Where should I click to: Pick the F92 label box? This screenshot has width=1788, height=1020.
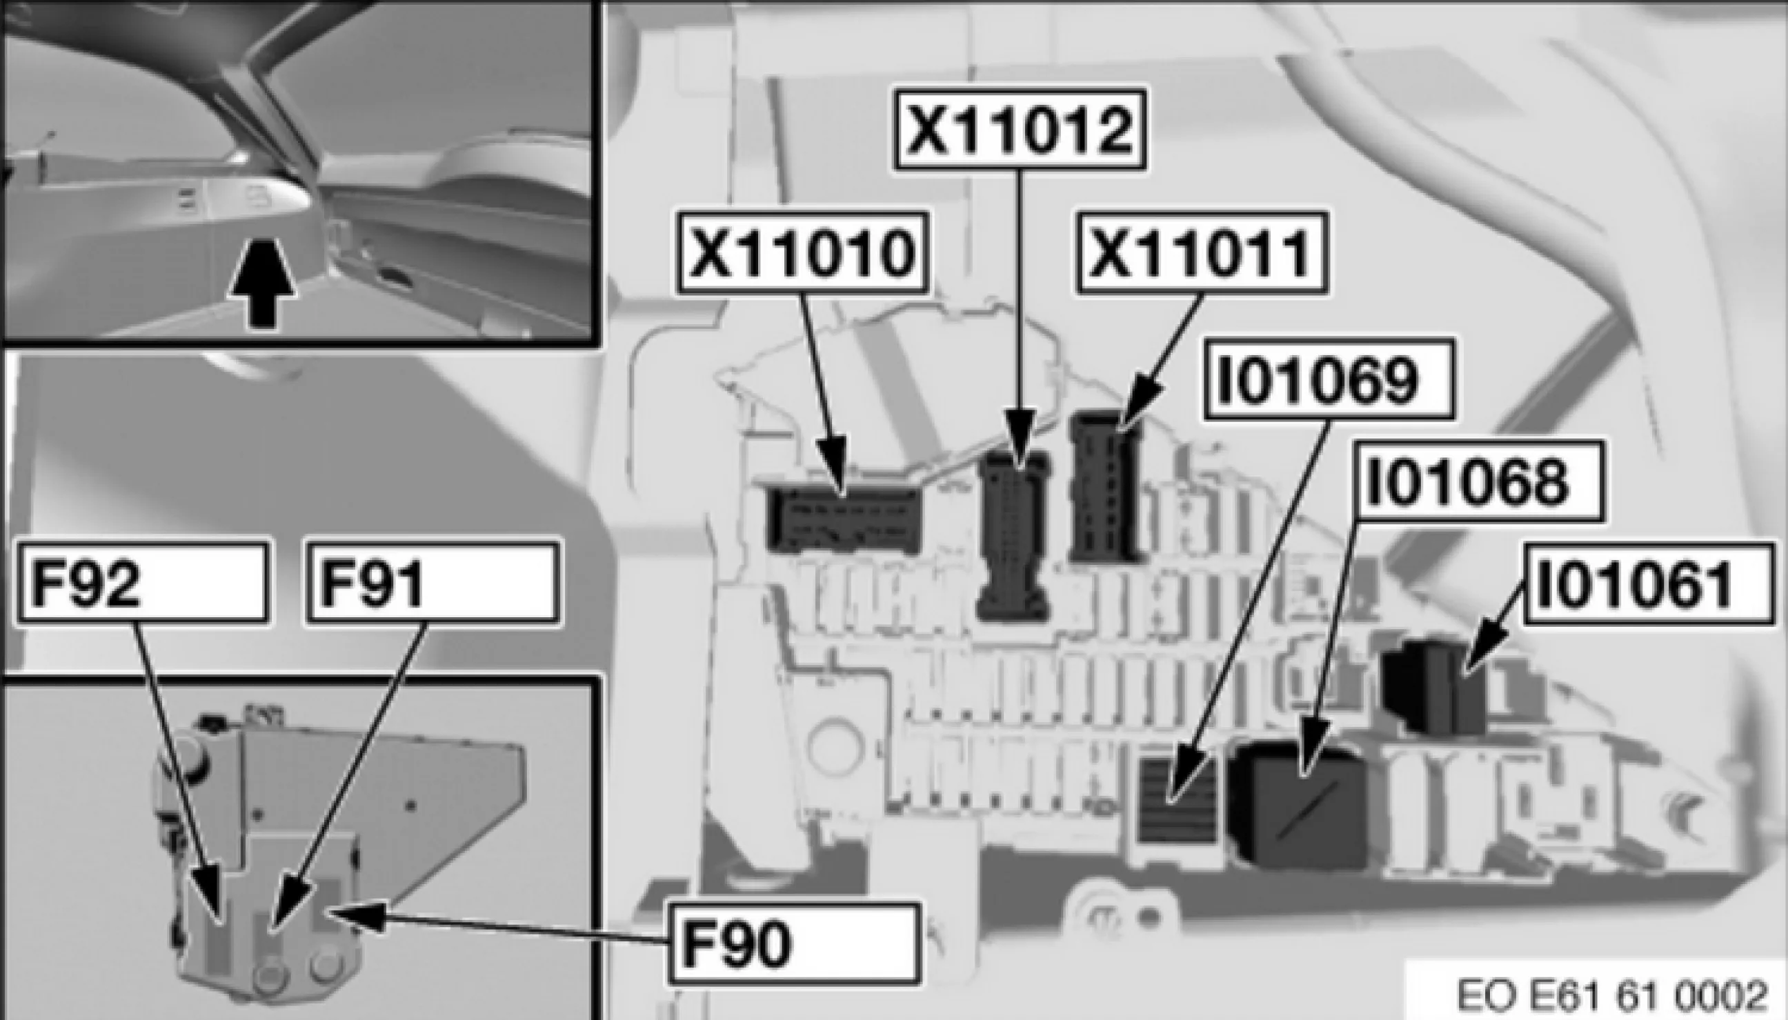pyautogui.click(x=143, y=583)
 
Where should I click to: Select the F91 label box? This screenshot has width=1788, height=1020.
pyautogui.click(x=433, y=583)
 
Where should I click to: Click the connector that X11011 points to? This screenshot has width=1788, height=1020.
pyautogui.click(x=1104, y=487)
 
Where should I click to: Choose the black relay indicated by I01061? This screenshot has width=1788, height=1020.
pyautogui.click(x=1433, y=678)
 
